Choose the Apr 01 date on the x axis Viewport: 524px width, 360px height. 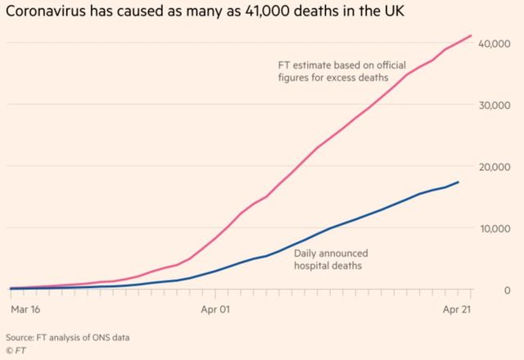coord(215,309)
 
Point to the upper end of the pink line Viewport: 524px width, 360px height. coord(471,35)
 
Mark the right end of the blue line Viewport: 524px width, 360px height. coord(458,182)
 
